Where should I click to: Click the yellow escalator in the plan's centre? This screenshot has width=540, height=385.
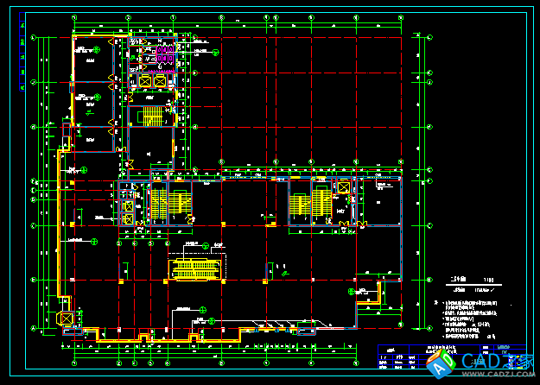pos(194,268)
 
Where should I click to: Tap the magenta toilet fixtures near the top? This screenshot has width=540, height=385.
pos(170,58)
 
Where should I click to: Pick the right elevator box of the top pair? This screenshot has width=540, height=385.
pos(160,82)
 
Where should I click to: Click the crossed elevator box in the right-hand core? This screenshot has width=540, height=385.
pos(344,188)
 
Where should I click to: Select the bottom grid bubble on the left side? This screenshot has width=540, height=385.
pos(34,329)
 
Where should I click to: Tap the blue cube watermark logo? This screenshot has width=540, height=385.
pos(442,366)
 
